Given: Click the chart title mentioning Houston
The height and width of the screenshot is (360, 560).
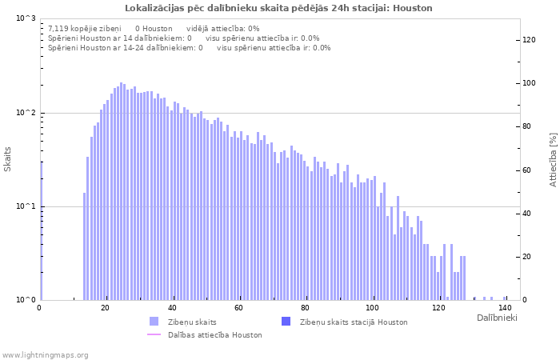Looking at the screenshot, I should (x=278, y=8).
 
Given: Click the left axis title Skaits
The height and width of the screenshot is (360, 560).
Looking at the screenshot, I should (x=8, y=159).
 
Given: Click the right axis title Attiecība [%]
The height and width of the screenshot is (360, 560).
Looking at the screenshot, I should (x=553, y=159).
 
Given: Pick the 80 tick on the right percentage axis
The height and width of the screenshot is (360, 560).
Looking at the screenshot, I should (x=527, y=126).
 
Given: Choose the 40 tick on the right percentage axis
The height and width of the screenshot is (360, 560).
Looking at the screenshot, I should (x=527, y=214).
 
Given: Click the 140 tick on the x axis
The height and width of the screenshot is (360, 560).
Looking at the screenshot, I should (x=505, y=308).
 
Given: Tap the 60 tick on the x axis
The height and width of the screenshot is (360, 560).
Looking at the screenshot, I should (x=239, y=308).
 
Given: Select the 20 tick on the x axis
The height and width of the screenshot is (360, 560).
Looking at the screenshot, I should (x=106, y=308).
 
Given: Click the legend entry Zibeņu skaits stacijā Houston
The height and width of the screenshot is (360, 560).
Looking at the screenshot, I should (x=354, y=322).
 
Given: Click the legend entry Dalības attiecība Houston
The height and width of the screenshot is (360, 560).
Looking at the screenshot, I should (x=214, y=335).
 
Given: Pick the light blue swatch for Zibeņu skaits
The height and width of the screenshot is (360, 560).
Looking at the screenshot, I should (x=154, y=322).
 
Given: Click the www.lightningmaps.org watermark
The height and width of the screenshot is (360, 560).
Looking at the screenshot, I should (x=46, y=354).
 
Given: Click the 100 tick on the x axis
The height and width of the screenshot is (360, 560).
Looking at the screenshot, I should (x=372, y=308).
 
